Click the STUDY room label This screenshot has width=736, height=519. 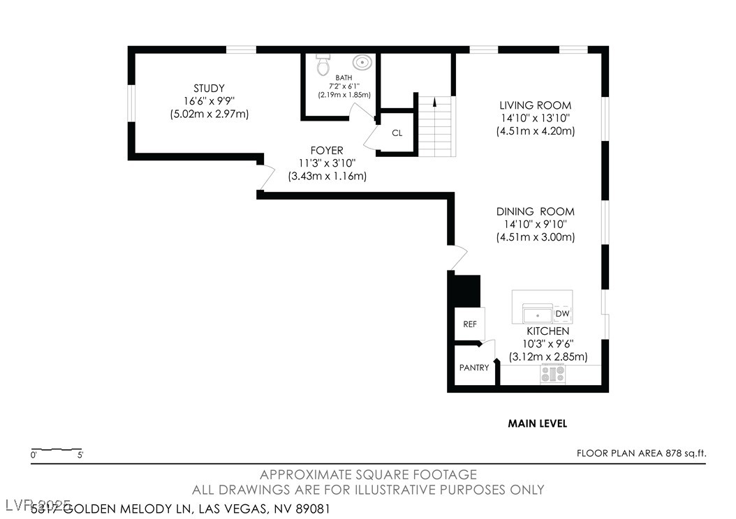click(209, 88)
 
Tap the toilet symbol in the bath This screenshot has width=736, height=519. click(323, 65)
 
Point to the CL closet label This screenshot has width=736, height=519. click(397, 133)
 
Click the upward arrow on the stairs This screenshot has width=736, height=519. click(434, 103)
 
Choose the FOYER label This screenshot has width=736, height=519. click(327, 151)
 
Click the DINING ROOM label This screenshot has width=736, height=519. click(535, 211)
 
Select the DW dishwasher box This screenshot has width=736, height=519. click(563, 314)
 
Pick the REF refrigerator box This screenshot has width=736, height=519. click(469, 324)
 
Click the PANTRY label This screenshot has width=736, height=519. click(473, 368)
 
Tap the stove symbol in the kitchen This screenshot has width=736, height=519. click(552, 374)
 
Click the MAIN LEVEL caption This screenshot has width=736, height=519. click(537, 423)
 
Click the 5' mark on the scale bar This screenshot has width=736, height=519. click(81, 456)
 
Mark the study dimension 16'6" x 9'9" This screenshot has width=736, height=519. click(209, 101)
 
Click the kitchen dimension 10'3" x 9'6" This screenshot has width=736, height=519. click(547, 344)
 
